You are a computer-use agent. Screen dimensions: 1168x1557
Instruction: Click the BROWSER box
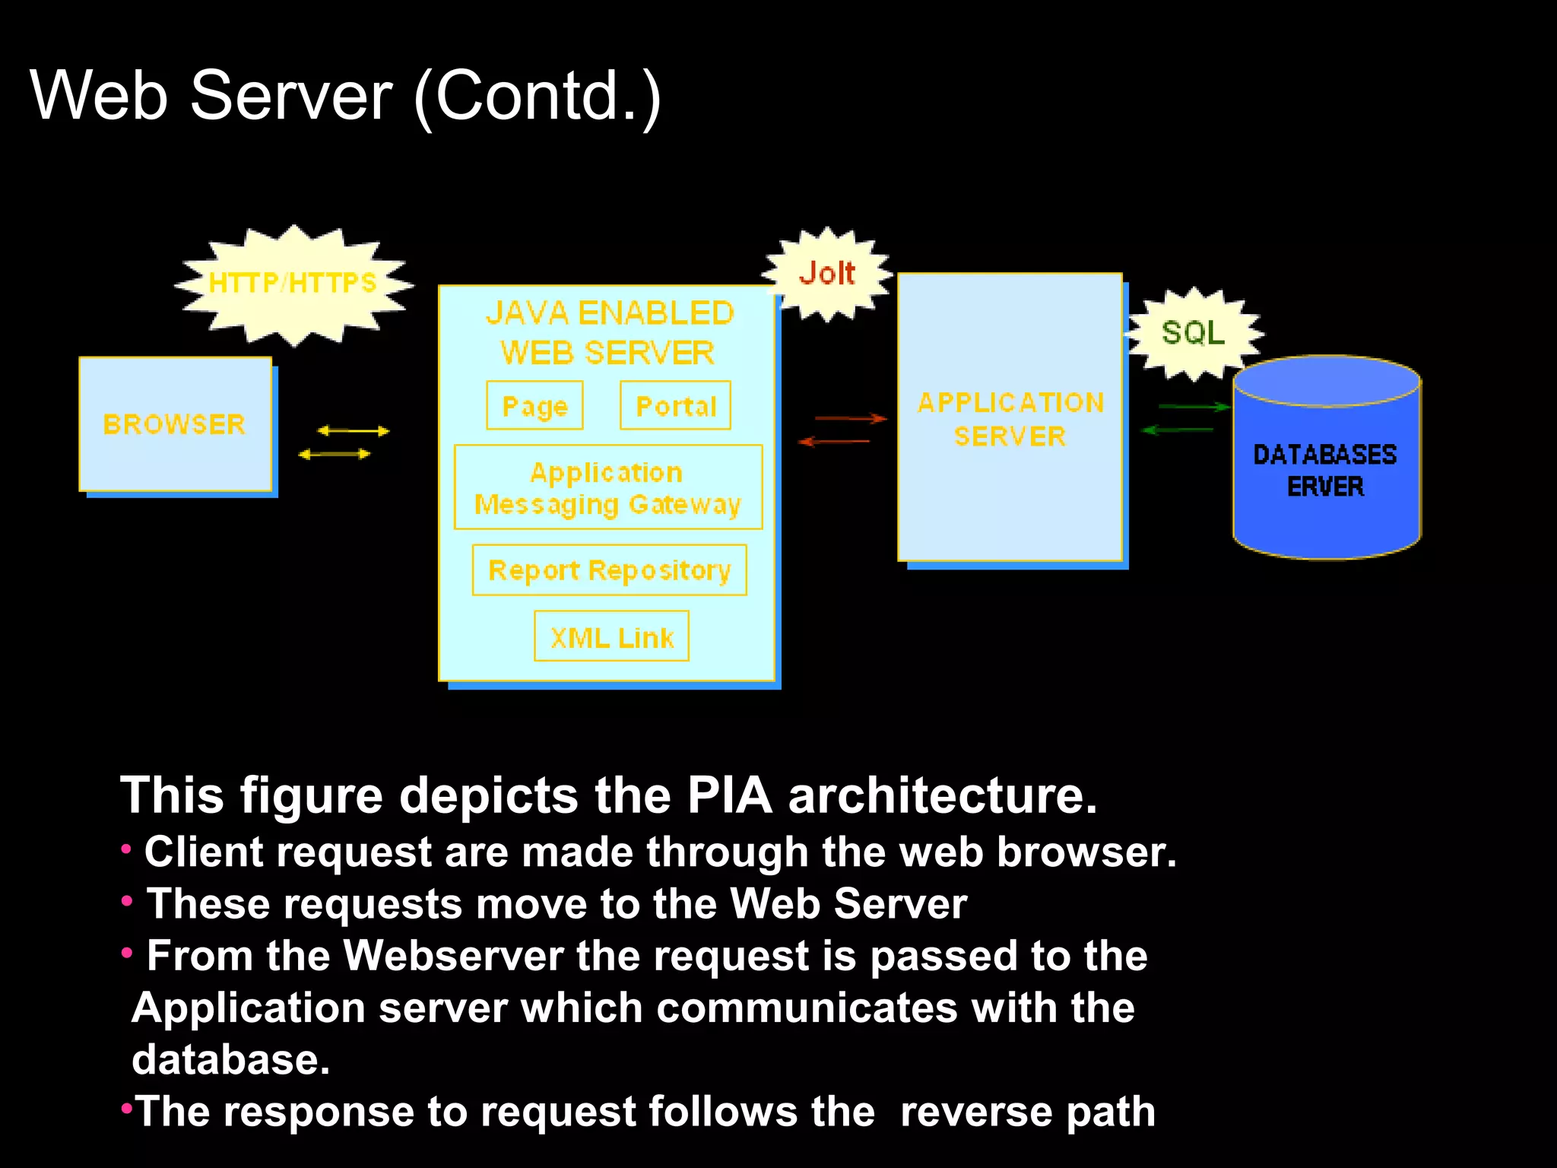pos(176,424)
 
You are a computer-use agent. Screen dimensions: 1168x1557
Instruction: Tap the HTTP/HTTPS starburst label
pos(293,283)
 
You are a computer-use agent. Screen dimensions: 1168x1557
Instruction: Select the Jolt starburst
pos(827,273)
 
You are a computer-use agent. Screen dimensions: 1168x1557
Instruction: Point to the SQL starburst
pos(1193,332)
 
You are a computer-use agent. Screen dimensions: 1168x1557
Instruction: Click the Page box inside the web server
pos(534,406)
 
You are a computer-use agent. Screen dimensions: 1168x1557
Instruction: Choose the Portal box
pos(675,406)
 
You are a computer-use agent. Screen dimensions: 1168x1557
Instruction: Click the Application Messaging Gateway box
pos(607,487)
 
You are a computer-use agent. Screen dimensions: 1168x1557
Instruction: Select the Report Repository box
pos(609,570)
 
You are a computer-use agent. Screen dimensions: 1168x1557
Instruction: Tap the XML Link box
pos(611,637)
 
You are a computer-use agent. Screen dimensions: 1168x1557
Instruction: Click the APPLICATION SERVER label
pos(1010,419)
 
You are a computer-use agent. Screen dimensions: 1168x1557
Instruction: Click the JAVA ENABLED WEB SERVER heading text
pos(609,332)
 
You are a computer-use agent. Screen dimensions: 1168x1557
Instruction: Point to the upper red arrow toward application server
pos(850,418)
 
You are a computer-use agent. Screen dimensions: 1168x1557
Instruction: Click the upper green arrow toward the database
pos(1193,408)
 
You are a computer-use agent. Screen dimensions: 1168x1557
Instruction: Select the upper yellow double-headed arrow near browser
pos(353,431)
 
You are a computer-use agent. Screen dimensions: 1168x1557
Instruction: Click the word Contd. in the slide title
pos(537,96)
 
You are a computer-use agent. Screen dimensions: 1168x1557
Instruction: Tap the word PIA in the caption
pos(729,796)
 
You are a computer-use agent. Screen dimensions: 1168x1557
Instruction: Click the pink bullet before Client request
pos(126,849)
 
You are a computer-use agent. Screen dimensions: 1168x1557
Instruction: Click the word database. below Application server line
pos(230,1060)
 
